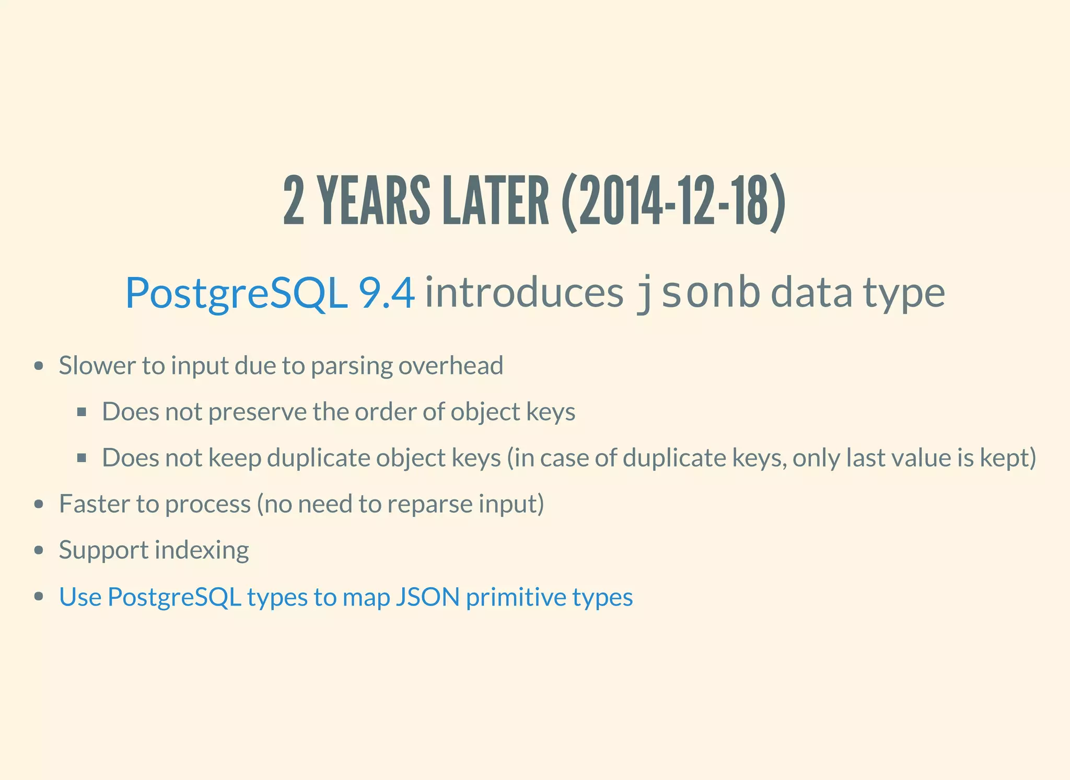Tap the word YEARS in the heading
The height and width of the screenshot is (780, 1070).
[374, 202]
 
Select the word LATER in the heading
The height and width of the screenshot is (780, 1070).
[495, 202]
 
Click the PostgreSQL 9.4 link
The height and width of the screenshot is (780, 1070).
[270, 293]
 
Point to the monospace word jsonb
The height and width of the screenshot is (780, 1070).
[697, 293]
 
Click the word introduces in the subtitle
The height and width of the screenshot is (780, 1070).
[524, 293]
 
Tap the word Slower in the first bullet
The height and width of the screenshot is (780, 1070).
[97, 365]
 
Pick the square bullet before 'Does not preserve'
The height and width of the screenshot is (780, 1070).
[82, 412]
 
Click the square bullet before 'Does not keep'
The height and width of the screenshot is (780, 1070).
[82, 458]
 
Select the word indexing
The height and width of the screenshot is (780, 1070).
[202, 550]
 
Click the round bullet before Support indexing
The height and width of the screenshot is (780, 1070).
[38, 551]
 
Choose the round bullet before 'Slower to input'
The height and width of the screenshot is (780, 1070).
[38, 366]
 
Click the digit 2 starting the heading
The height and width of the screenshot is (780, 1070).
[294, 202]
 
